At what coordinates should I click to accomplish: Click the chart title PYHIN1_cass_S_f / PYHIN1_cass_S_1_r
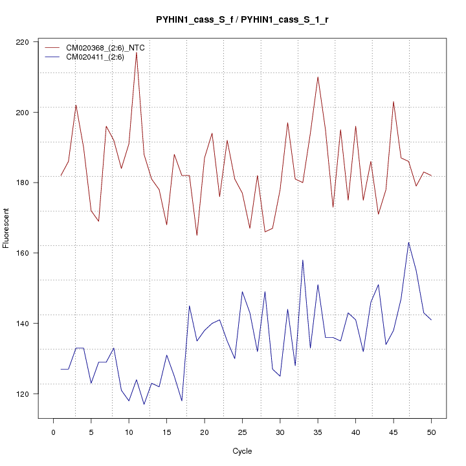(x=242, y=20)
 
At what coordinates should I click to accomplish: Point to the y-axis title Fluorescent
(x=7, y=228)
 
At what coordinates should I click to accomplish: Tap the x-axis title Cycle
(x=242, y=451)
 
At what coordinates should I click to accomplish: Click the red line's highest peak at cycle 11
(x=137, y=52)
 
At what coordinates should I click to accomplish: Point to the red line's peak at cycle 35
(x=318, y=77)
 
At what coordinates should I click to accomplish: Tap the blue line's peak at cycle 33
(x=303, y=260)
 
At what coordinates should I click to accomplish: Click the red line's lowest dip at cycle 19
(x=197, y=235)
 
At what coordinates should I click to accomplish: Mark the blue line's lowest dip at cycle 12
(x=144, y=405)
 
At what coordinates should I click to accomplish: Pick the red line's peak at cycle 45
(x=394, y=102)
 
